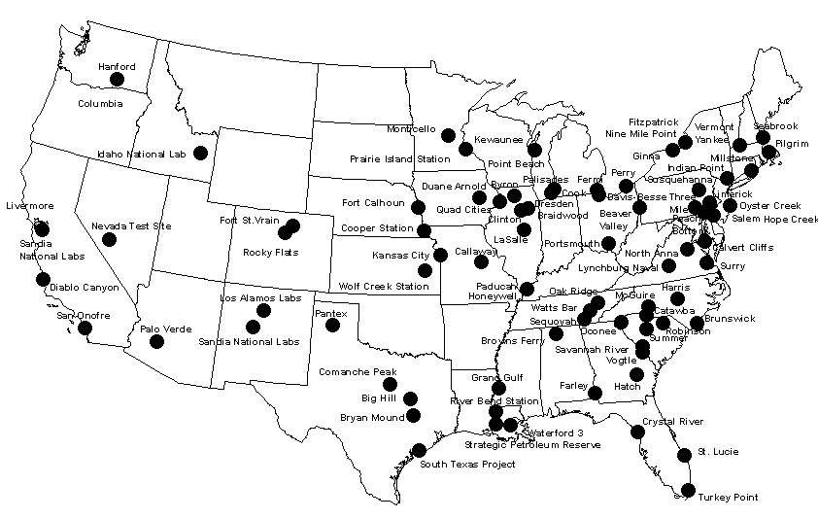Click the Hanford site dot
[118, 80]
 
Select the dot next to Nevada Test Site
[109, 239]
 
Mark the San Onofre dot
[85, 329]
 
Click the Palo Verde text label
[164, 329]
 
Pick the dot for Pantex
[332, 325]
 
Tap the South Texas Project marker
[419, 450]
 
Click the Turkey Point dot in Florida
[688, 490]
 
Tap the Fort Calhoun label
[373, 203]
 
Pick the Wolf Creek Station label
[384, 287]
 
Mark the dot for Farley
[596, 393]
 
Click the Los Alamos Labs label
[262, 297]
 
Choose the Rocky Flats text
[271, 253]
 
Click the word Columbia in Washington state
[100, 103]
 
